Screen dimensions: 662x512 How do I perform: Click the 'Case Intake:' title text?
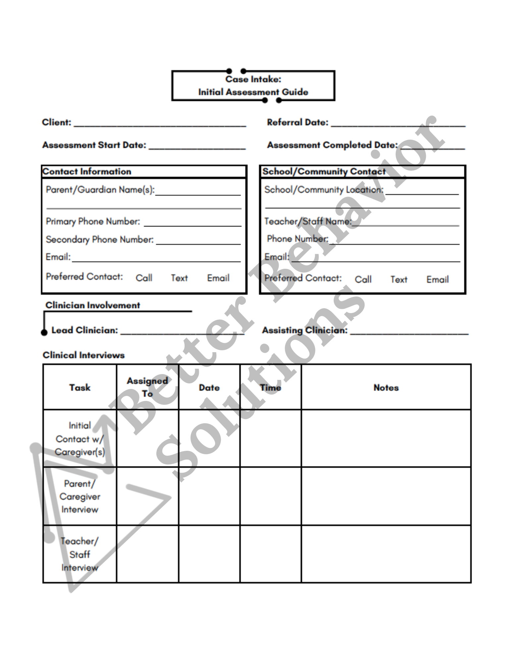253,79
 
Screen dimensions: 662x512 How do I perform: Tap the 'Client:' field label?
57,122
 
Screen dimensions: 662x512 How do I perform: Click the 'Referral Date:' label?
298,122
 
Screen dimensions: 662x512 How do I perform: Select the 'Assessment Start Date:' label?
94,145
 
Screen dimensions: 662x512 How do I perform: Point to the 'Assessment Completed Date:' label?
332,145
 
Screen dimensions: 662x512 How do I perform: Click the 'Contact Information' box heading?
87,171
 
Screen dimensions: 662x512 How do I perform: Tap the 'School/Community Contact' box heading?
324,171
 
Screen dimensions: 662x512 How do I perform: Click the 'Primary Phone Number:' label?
93,221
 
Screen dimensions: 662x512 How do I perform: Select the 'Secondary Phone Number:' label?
100,239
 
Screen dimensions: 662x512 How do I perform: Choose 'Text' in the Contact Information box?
179,278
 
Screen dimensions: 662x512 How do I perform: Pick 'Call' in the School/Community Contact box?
363,280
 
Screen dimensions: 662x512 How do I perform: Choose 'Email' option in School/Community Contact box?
437,280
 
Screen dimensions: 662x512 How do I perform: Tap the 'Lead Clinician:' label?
85,330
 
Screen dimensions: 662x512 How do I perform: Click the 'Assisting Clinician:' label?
305,330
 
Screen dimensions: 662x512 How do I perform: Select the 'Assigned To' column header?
147,387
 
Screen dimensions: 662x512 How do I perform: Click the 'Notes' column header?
386,388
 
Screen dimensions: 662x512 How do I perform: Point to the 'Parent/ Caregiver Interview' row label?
80,496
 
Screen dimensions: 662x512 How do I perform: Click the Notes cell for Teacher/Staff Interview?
386,554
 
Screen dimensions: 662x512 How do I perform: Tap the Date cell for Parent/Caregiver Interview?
209,496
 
